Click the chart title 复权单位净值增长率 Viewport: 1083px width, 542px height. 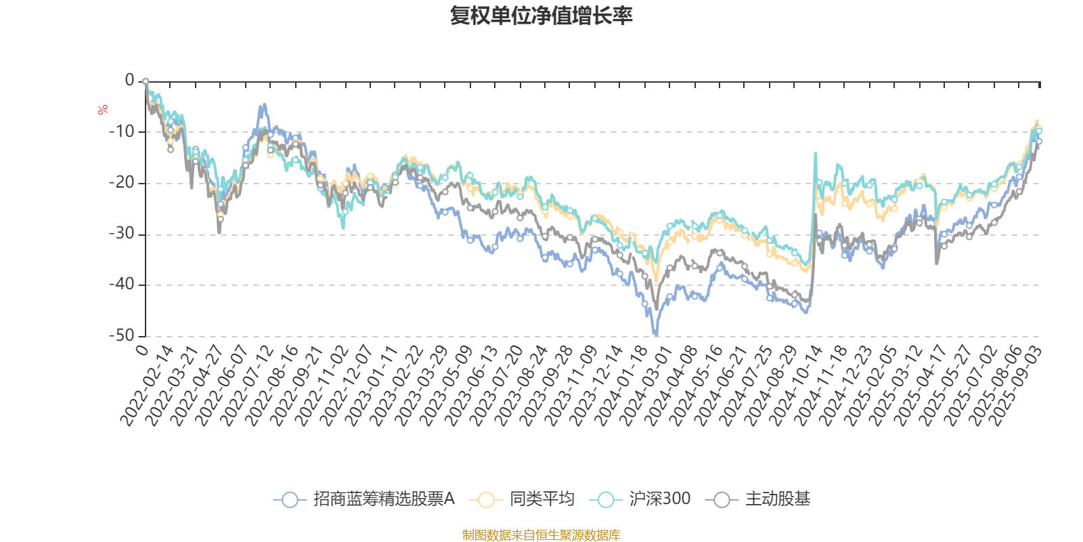[x=541, y=16]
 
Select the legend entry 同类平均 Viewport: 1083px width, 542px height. [x=525, y=499]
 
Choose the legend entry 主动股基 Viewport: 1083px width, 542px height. [x=758, y=499]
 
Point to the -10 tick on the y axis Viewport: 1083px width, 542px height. [x=122, y=131]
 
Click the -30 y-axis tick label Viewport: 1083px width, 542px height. [x=122, y=234]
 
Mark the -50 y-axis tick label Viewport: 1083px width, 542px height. [x=122, y=335]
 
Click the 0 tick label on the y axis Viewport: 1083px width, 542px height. [x=129, y=80]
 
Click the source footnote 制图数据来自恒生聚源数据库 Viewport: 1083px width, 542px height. [x=541, y=535]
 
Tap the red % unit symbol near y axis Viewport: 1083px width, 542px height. [x=103, y=110]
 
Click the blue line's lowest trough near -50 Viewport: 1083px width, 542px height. [x=655, y=333]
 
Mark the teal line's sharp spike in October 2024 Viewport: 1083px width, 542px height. [x=815, y=154]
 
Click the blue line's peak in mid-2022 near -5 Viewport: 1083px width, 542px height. [x=263, y=106]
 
